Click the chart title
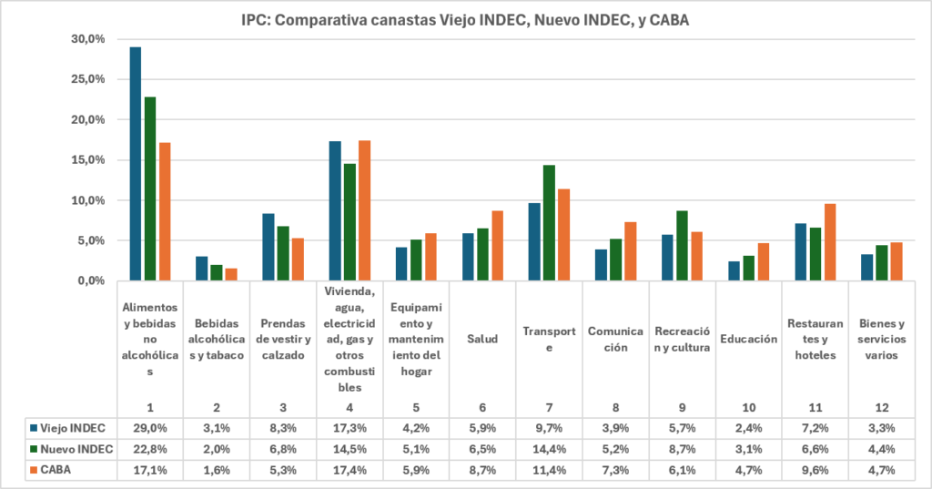click(465, 20)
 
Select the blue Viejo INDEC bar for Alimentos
click(136, 164)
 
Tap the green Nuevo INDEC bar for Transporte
click(549, 222)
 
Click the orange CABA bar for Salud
click(497, 245)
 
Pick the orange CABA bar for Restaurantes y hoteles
click(830, 241)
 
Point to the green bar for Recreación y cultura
click(683, 245)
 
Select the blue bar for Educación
click(734, 270)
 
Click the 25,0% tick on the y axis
click(88, 79)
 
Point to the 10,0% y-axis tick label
click(88, 200)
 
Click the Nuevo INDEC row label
click(71, 449)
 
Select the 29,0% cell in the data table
click(150, 428)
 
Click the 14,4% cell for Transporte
click(549, 449)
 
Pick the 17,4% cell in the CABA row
click(349, 470)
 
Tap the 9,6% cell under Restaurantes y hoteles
click(815, 470)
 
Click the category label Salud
click(482, 339)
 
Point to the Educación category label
click(749, 339)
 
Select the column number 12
click(882, 408)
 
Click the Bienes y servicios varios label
click(882, 339)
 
